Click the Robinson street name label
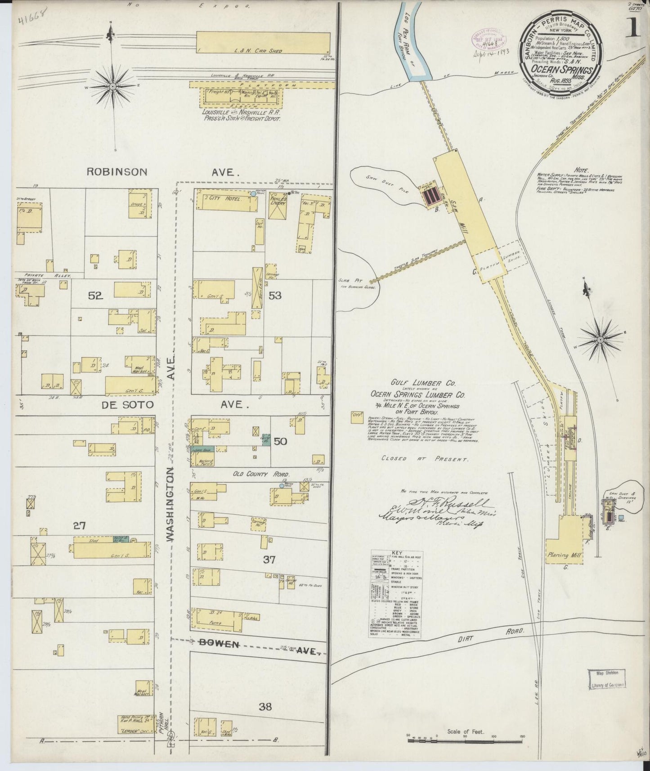coord(117,171)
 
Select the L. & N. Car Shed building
coord(263,43)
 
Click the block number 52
coord(96,296)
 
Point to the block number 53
coord(275,296)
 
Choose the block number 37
coord(269,560)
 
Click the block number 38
coord(265,707)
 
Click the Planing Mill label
coord(564,555)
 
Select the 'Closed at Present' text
coord(425,459)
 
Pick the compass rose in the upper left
coord(112,85)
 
